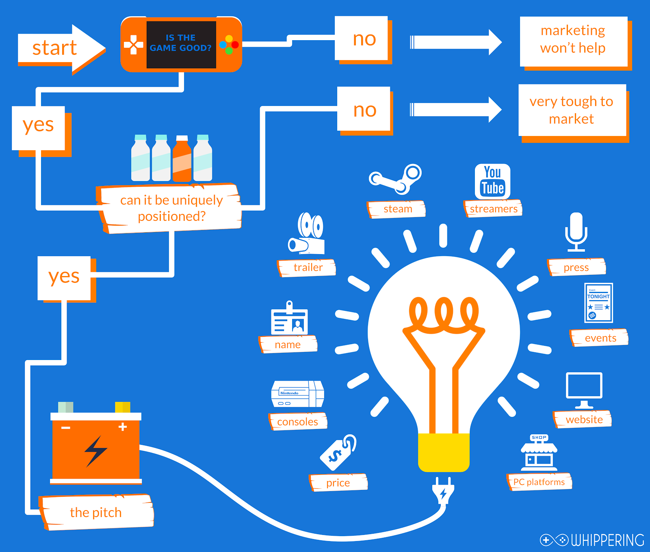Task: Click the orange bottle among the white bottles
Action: tap(182, 159)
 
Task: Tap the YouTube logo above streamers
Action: tap(492, 181)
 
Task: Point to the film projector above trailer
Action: tap(307, 234)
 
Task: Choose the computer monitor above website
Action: tap(584, 389)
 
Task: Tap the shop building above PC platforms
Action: tap(539, 453)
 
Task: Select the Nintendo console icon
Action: tap(297, 394)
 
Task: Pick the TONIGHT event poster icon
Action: tap(598, 303)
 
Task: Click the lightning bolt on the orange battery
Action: tap(96, 451)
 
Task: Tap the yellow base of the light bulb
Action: tap(444, 452)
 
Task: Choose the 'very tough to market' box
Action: tap(572, 110)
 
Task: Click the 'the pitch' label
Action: tap(96, 513)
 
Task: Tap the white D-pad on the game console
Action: tap(133, 45)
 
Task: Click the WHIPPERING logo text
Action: tap(607, 540)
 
